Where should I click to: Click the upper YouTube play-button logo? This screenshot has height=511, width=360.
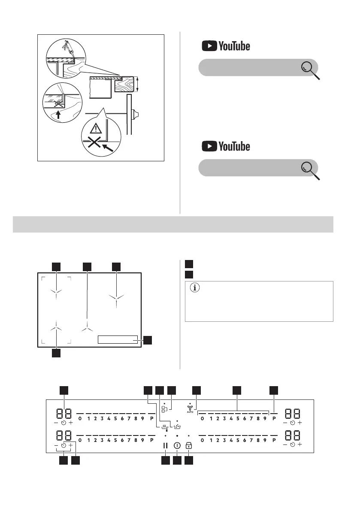click(209, 45)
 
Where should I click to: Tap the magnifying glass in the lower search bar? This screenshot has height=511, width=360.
click(310, 170)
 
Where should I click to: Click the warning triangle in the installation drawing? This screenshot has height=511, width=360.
click(96, 128)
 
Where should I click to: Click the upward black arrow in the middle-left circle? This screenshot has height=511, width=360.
click(58, 114)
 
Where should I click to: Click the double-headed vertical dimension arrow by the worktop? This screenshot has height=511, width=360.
click(138, 85)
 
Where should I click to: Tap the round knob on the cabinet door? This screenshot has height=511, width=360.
click(135, 115)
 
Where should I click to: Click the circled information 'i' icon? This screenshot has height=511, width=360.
click(194, 288)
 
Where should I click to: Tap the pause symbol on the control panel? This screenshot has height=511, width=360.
click(165, 445)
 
